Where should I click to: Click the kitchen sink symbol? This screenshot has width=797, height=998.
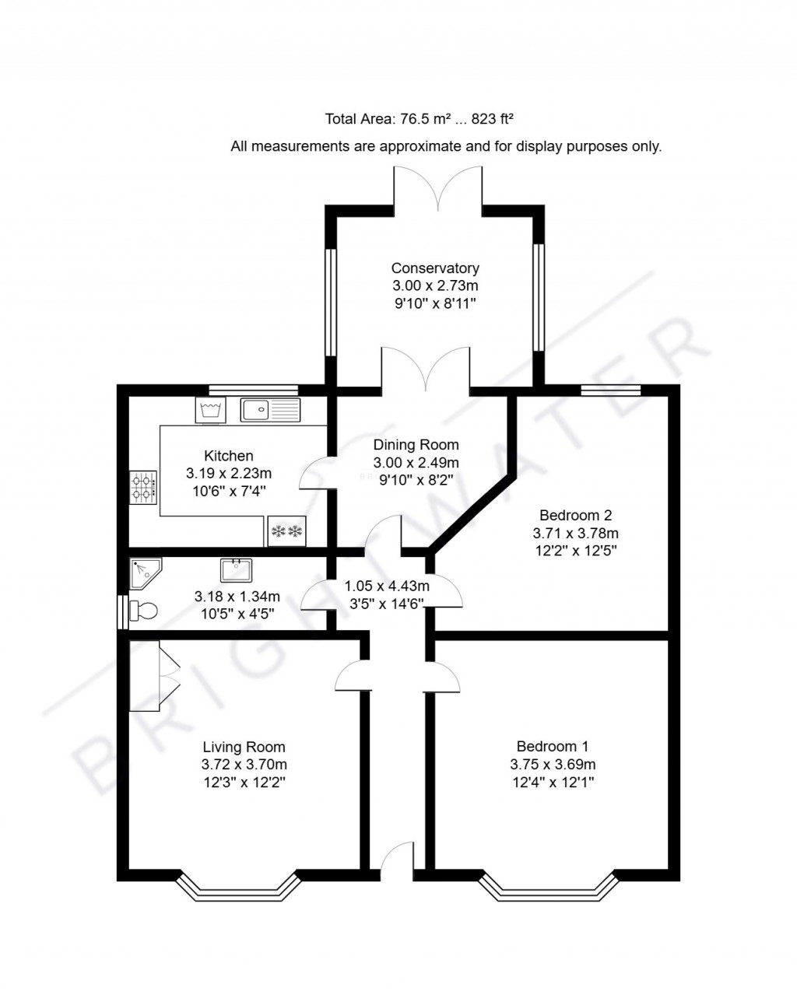(270, 409)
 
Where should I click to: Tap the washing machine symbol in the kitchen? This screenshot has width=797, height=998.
(210, 409)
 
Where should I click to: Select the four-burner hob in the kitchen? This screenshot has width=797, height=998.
(143, 488)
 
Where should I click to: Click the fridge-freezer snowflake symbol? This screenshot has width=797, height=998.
(286, 531)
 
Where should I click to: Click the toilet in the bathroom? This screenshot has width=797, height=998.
(142, 611)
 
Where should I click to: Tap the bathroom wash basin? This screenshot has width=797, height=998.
(236, 570)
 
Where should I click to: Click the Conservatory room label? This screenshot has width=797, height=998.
(435, 268)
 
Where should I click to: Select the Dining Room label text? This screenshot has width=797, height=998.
(416, 445)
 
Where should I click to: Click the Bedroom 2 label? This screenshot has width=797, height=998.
(575, 515)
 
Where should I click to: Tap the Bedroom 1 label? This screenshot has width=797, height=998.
(553, 747)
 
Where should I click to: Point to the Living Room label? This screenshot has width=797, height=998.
(244, 748)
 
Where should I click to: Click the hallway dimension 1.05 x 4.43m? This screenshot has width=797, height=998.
(388, 585)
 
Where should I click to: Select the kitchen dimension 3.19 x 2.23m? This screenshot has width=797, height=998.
(229, 473)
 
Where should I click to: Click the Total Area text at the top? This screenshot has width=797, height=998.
(420, 119)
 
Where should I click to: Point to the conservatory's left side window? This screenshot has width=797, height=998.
(331, 303)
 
